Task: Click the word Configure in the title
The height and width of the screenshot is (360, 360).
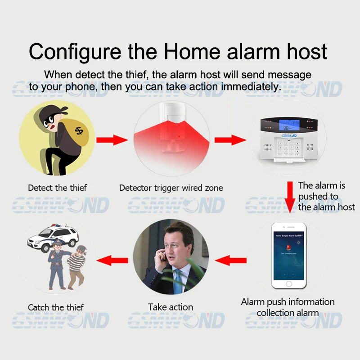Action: pyautogui.click(x=75, y=51)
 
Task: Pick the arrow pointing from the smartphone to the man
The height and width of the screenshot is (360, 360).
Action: pyautogui.click(x=231, y=260)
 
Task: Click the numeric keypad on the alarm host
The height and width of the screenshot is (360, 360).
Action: pyautogui.click(x=288, y=146)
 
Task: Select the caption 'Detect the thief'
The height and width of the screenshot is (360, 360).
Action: pyautogui.click(x=57, y=188)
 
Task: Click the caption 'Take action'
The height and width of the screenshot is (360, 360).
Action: pyautogui.click(x=171, y=307)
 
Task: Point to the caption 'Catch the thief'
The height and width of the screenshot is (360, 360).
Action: pyautogui.click(x=56, y=308)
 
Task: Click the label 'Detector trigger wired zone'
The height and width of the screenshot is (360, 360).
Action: pyautogui.click(x=171, y=188)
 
